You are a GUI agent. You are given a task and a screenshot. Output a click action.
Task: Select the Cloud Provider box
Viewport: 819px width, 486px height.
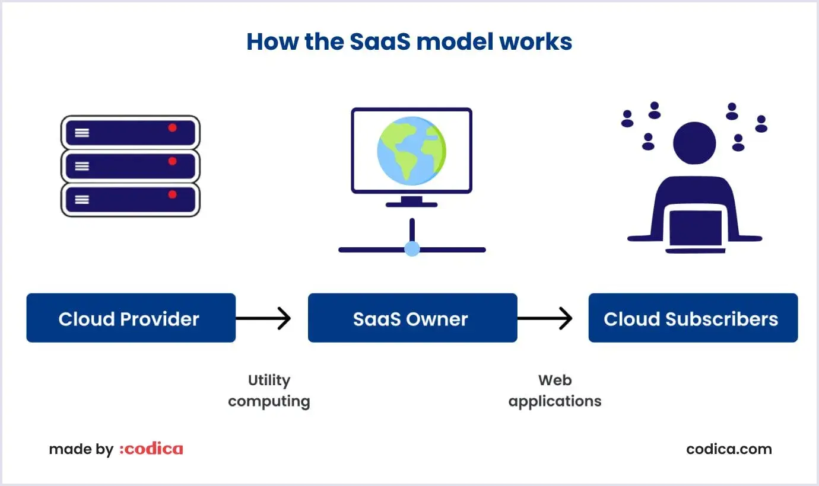click(x=131, y=318)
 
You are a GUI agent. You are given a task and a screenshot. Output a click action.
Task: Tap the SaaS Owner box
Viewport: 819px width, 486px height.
click(x=412, y=318)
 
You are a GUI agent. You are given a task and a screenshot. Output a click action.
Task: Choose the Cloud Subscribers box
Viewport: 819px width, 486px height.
click(x=693, y=318)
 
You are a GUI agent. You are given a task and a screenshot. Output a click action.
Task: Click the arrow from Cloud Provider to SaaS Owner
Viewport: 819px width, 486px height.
click(x=264, y=318)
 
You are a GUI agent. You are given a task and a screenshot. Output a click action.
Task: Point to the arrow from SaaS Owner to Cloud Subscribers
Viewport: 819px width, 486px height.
click(x=545, y=318)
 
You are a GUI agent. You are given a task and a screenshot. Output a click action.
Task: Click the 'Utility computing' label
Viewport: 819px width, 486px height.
click(x=269, y=391)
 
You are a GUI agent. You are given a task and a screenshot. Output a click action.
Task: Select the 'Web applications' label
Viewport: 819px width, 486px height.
click(x=555, y=391)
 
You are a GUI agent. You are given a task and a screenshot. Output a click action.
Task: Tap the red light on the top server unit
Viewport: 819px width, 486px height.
click(x=172, y=127)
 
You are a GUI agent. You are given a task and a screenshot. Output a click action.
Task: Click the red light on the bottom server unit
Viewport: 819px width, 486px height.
click(x=172, y=194)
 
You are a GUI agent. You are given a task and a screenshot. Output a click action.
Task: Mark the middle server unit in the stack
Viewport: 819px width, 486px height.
click(x=131, y=166)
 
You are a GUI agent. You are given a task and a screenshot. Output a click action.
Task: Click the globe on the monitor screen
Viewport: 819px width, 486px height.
click(x=411, y=151)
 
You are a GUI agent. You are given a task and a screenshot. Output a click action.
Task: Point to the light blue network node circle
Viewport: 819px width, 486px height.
click(x=412, y=249)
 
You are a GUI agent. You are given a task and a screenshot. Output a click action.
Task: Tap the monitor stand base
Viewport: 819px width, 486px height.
click(x=411, y=204)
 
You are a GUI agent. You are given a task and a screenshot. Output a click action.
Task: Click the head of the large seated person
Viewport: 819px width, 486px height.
click(x=694, y=143)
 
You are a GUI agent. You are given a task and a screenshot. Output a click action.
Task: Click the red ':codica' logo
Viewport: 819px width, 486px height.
click(x=151, y=449)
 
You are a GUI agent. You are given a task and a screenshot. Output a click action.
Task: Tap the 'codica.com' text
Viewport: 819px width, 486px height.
click(x=729, y=449)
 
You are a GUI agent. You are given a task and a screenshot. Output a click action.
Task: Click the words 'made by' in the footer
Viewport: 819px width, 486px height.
click(x=81, y=449)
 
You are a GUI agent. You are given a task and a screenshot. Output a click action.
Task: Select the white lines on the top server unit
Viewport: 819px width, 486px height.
click(x=82, y=133)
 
